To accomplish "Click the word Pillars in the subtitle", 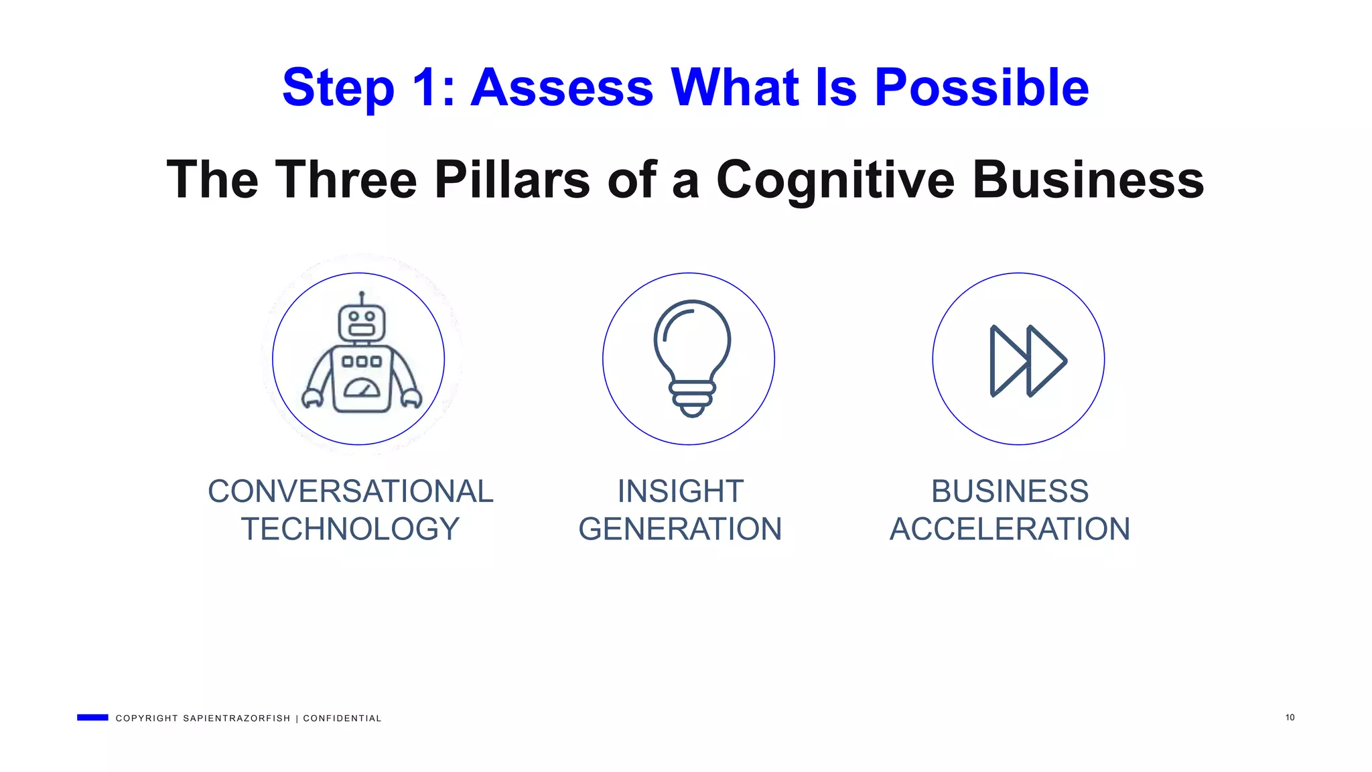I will click(x=512, y=180).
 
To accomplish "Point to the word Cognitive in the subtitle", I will click(x=835, y=180).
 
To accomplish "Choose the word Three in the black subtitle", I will click(x=346, y=180).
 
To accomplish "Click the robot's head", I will click(x=362, y=322).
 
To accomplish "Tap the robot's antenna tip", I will click(x=362, y=294).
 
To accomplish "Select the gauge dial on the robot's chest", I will click(x=362, y=388).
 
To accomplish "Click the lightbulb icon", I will click(x=692, y=358).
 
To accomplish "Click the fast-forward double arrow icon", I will click(x=1027, y=361).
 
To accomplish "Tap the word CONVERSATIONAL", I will click(x=350, y=491).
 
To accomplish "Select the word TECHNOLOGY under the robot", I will click(x=350, y=529).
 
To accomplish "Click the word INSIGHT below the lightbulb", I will click(x=680, y=491).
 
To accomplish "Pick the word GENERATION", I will click(x=680, y=529).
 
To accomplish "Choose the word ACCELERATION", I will click(x=1010, y=529).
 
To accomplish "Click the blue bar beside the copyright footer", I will click(x=92, y=718).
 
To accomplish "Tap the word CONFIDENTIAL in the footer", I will click(x=342, y=718).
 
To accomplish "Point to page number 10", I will click(x=1290, y=718).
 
